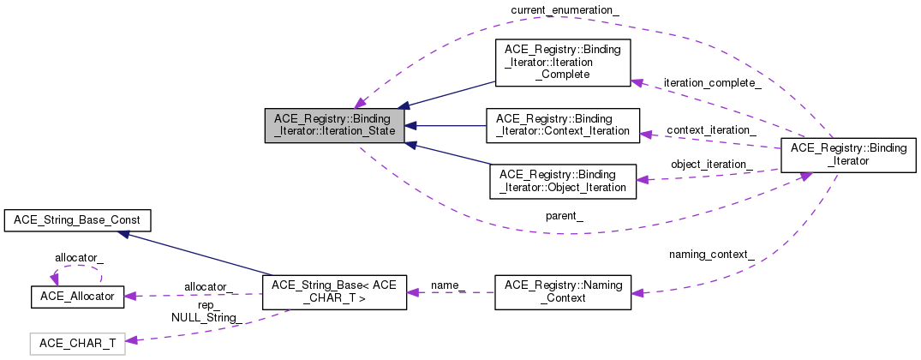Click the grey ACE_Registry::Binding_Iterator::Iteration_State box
pyautogui.click(x=334, y=126)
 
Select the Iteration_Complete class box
pyautogui.click(x=563, y=63)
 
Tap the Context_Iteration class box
pyautogui.click(x=563, y=125)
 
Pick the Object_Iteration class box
pyautogui.click(x=563, y=181)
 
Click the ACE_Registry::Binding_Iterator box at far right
pyautogui.click(x=847, y=155)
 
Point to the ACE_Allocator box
pyautogui.click(x=77, y=297)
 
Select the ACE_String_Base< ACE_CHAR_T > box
pyautogui.click(x=334, y=292)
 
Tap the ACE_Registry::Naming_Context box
pyautogui.click(x=563, y=292)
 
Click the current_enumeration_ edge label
pyautogui.click(x=565, y=11)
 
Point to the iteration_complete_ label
pyautogui.click(x=712, y=83)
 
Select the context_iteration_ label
pyautogui.click(x=711, y=129)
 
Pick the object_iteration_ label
pyautogui.click(x=711, y=165)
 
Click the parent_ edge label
pyautogui.click(x=564, y=215)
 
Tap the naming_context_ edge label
pyautogui.click(x=711, y=255)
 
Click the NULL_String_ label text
pyautogui.click(x=206, y=318)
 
